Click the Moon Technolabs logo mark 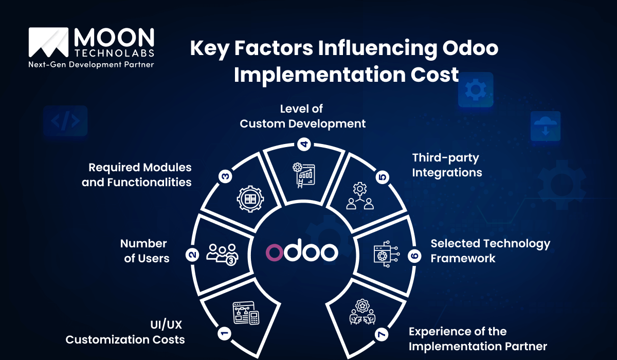(49, 42)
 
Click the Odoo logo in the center (302, 251)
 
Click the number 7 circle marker (381, 335)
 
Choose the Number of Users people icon (222, 254)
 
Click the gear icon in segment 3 (250, 198)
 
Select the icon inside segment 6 (386, 253)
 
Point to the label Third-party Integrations (447, 165)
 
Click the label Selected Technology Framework (490, 250)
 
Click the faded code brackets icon (65, 121)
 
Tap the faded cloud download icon (545, 127)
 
